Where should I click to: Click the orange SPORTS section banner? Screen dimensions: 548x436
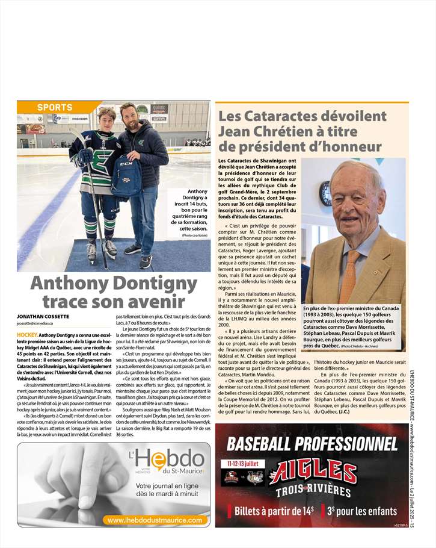55,107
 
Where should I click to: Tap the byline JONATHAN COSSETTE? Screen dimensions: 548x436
43,316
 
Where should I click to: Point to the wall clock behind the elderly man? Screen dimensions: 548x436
326,193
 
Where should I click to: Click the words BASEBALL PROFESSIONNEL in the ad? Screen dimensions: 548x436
312,444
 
